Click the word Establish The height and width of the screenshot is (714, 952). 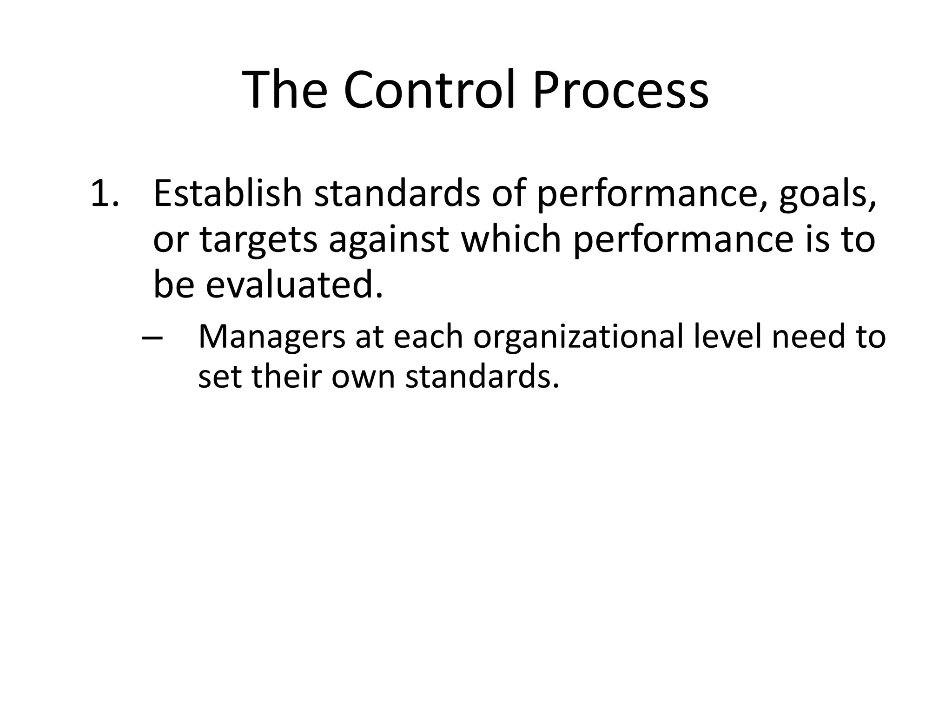(228, 193)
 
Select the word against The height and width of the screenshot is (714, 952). (389, 240)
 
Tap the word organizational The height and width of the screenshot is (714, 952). (578, 337)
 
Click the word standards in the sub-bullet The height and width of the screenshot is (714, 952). (482, 375)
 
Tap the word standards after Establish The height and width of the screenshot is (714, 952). (397, 193)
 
